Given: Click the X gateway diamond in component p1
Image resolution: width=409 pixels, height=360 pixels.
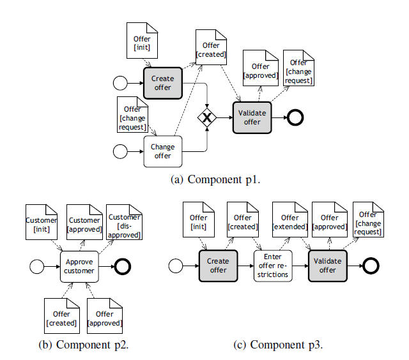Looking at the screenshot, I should point(207,117).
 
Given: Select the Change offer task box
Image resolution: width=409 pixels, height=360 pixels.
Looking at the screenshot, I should point(163,151).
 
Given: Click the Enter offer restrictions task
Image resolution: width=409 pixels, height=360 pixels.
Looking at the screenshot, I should point(274,266).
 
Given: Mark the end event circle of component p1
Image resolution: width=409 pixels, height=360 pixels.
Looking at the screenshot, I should point(295,117).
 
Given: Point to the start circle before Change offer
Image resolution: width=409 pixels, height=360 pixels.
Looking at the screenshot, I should point(120,151).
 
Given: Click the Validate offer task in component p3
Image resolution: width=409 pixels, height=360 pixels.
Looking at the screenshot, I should point(328,266).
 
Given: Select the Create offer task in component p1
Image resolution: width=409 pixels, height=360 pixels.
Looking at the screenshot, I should point(163,83).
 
